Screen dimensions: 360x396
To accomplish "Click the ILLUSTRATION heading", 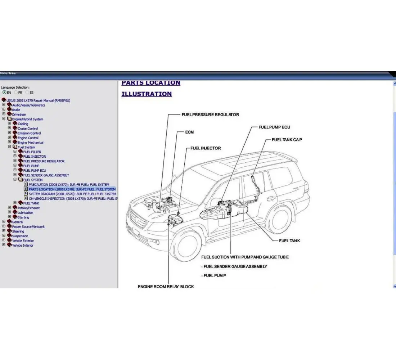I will (147, 94).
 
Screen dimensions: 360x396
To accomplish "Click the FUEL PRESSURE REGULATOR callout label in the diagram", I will (210, 114).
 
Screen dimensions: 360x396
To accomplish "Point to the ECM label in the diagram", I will (189, 132).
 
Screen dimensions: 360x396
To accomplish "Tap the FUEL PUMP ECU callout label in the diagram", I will (274, 127).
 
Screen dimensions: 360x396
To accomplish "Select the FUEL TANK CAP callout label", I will (287, 140).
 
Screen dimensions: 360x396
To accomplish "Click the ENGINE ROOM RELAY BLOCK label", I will (166, 287).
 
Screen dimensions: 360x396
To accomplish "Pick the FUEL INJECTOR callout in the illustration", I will (206, 148).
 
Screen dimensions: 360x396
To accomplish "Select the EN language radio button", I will (4, 92).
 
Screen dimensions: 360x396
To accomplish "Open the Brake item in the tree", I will (16, 110).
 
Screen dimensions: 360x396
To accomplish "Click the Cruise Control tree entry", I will (28, 129).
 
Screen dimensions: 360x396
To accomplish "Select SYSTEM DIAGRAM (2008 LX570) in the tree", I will (72, 194).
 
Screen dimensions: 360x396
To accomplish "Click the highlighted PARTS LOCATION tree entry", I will (72, 189).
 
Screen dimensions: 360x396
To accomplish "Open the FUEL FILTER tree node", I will (32, 152).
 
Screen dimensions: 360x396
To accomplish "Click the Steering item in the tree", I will (18, 231).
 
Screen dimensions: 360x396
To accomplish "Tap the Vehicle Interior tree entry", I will (23, 246).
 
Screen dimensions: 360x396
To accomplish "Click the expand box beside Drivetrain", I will (4, 114).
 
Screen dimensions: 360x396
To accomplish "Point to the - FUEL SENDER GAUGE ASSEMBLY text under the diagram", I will (234, 266).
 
